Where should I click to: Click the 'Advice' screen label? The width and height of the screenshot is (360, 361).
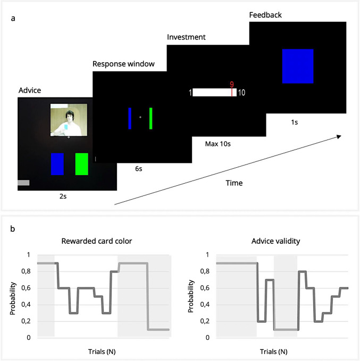point(29,91)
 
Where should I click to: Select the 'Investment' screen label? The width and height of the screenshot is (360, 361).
point(186,38)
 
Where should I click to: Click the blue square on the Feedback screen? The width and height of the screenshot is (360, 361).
point(298,66)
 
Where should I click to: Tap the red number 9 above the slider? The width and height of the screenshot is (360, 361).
point(232,84)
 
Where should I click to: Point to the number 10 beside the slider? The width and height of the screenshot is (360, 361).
point(242,93)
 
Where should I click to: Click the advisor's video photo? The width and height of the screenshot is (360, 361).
point(69,120)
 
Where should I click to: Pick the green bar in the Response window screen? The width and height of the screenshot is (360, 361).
point(151,118)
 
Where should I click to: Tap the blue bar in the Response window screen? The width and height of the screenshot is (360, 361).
point(129,118)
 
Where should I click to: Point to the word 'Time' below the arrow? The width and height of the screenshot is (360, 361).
point(234,183)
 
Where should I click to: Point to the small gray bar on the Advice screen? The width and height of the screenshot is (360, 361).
point(23,183)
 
